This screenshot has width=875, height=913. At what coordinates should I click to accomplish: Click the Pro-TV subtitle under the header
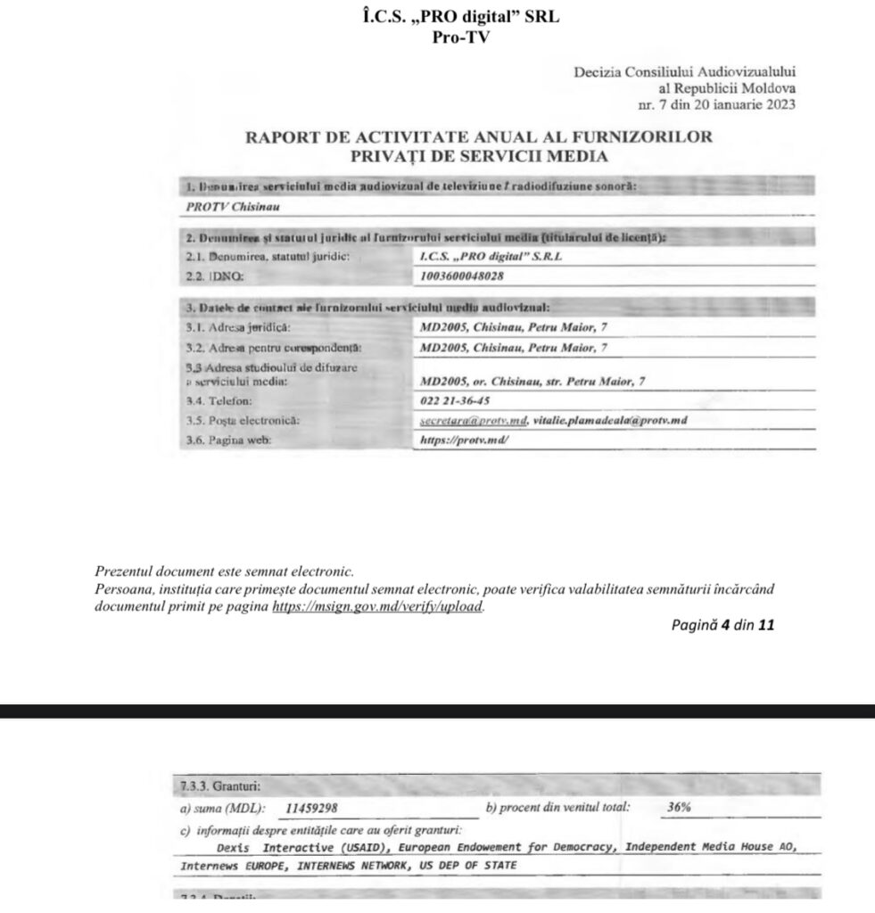click(x=460, y=37)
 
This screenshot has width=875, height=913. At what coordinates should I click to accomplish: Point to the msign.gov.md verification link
click(x=377, y=605)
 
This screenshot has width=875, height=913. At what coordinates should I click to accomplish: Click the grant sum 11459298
click(x=312, y=809)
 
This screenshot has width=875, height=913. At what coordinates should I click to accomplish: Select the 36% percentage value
click(x=679, y=808)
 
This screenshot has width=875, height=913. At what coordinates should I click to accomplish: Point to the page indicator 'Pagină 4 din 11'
click(x=722, y=625)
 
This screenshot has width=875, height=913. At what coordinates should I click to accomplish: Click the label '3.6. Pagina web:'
click(x=227, y=440)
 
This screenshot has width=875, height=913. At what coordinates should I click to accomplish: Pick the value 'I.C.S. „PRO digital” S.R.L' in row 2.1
click(x=491, y=257)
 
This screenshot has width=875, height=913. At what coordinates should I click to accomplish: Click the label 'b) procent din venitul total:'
click(x=557, y=808)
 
